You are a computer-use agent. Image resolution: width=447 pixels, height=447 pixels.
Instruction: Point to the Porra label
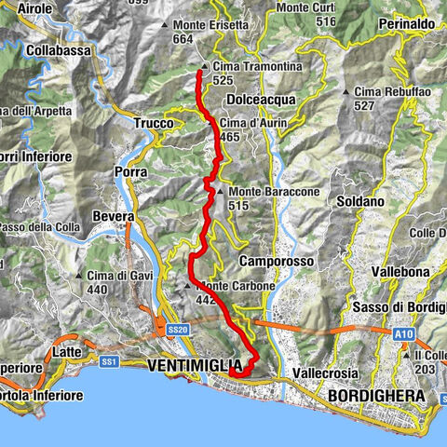pos(130,172)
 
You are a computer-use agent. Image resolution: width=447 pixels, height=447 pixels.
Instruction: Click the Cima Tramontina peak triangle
pos(203,67)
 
